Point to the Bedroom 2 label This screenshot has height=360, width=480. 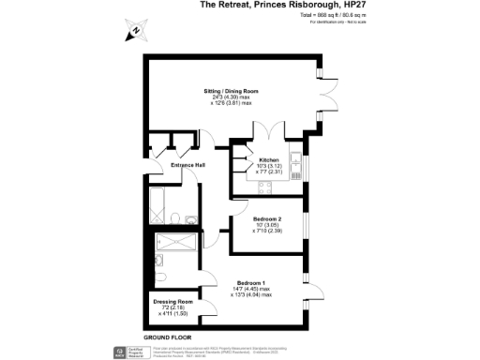(x=266, y=218)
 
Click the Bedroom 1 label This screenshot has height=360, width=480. (x=251, y=282)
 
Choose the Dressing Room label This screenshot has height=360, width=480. (x=172, y=301)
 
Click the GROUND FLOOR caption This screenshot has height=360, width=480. (x=169, y=336)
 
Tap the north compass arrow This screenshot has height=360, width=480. (x=134, y=31)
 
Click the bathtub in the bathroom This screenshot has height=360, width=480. (x=156, y=201)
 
